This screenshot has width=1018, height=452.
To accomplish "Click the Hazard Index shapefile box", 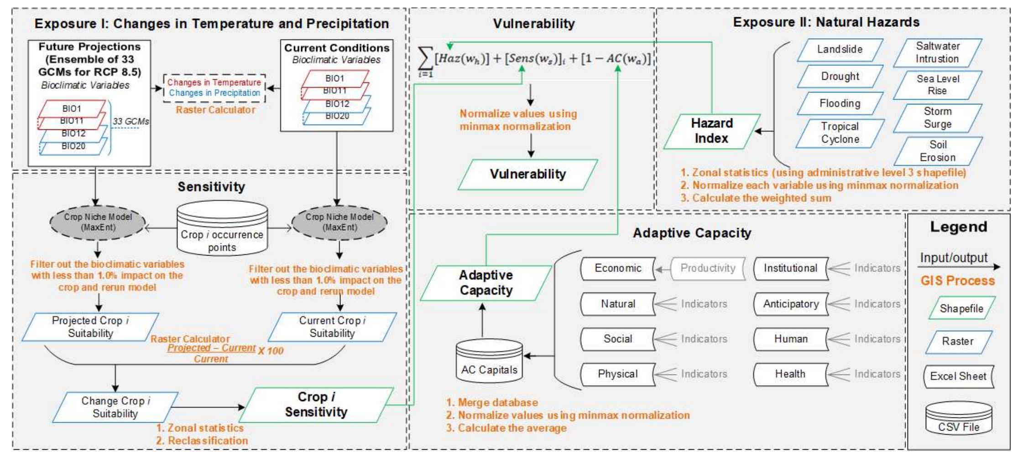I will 711,131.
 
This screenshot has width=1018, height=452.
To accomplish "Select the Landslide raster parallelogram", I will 840,50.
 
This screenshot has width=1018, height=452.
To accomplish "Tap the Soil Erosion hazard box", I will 937,151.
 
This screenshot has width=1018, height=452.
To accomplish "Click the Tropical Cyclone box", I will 840,133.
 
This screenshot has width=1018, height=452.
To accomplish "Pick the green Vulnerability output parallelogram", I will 527,174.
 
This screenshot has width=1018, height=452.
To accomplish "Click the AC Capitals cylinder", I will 489,362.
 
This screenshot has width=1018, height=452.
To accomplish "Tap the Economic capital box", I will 618,268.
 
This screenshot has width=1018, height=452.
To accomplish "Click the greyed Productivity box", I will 708,268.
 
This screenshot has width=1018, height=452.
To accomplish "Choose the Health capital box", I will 790,374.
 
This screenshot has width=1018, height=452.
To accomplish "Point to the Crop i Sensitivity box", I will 316,405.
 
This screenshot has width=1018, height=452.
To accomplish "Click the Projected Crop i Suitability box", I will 90,327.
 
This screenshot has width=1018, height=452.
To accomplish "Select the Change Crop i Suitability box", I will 115,407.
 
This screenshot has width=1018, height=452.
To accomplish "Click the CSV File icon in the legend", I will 958,420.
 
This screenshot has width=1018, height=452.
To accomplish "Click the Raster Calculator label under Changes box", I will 215,110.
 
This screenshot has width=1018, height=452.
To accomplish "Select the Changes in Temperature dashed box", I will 214,87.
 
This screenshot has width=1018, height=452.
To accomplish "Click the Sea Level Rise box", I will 937,85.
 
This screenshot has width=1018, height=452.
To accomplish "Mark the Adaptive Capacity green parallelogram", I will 486,283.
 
